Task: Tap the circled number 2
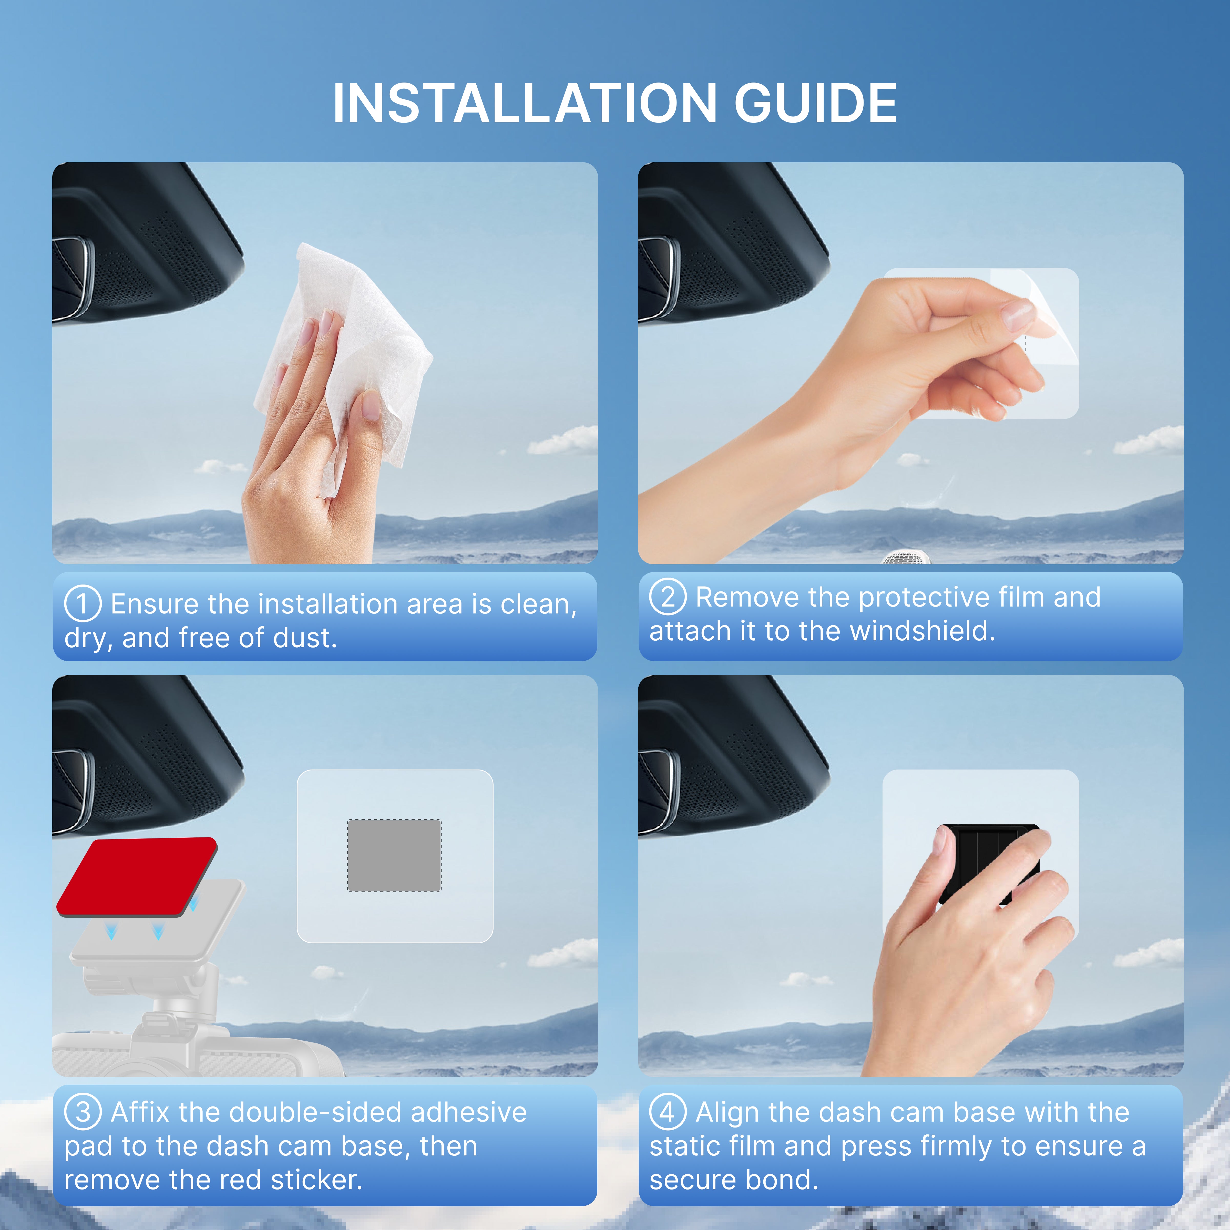667,597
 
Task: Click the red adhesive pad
137,877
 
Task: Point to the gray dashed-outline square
394,855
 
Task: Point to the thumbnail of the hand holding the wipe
325,363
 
